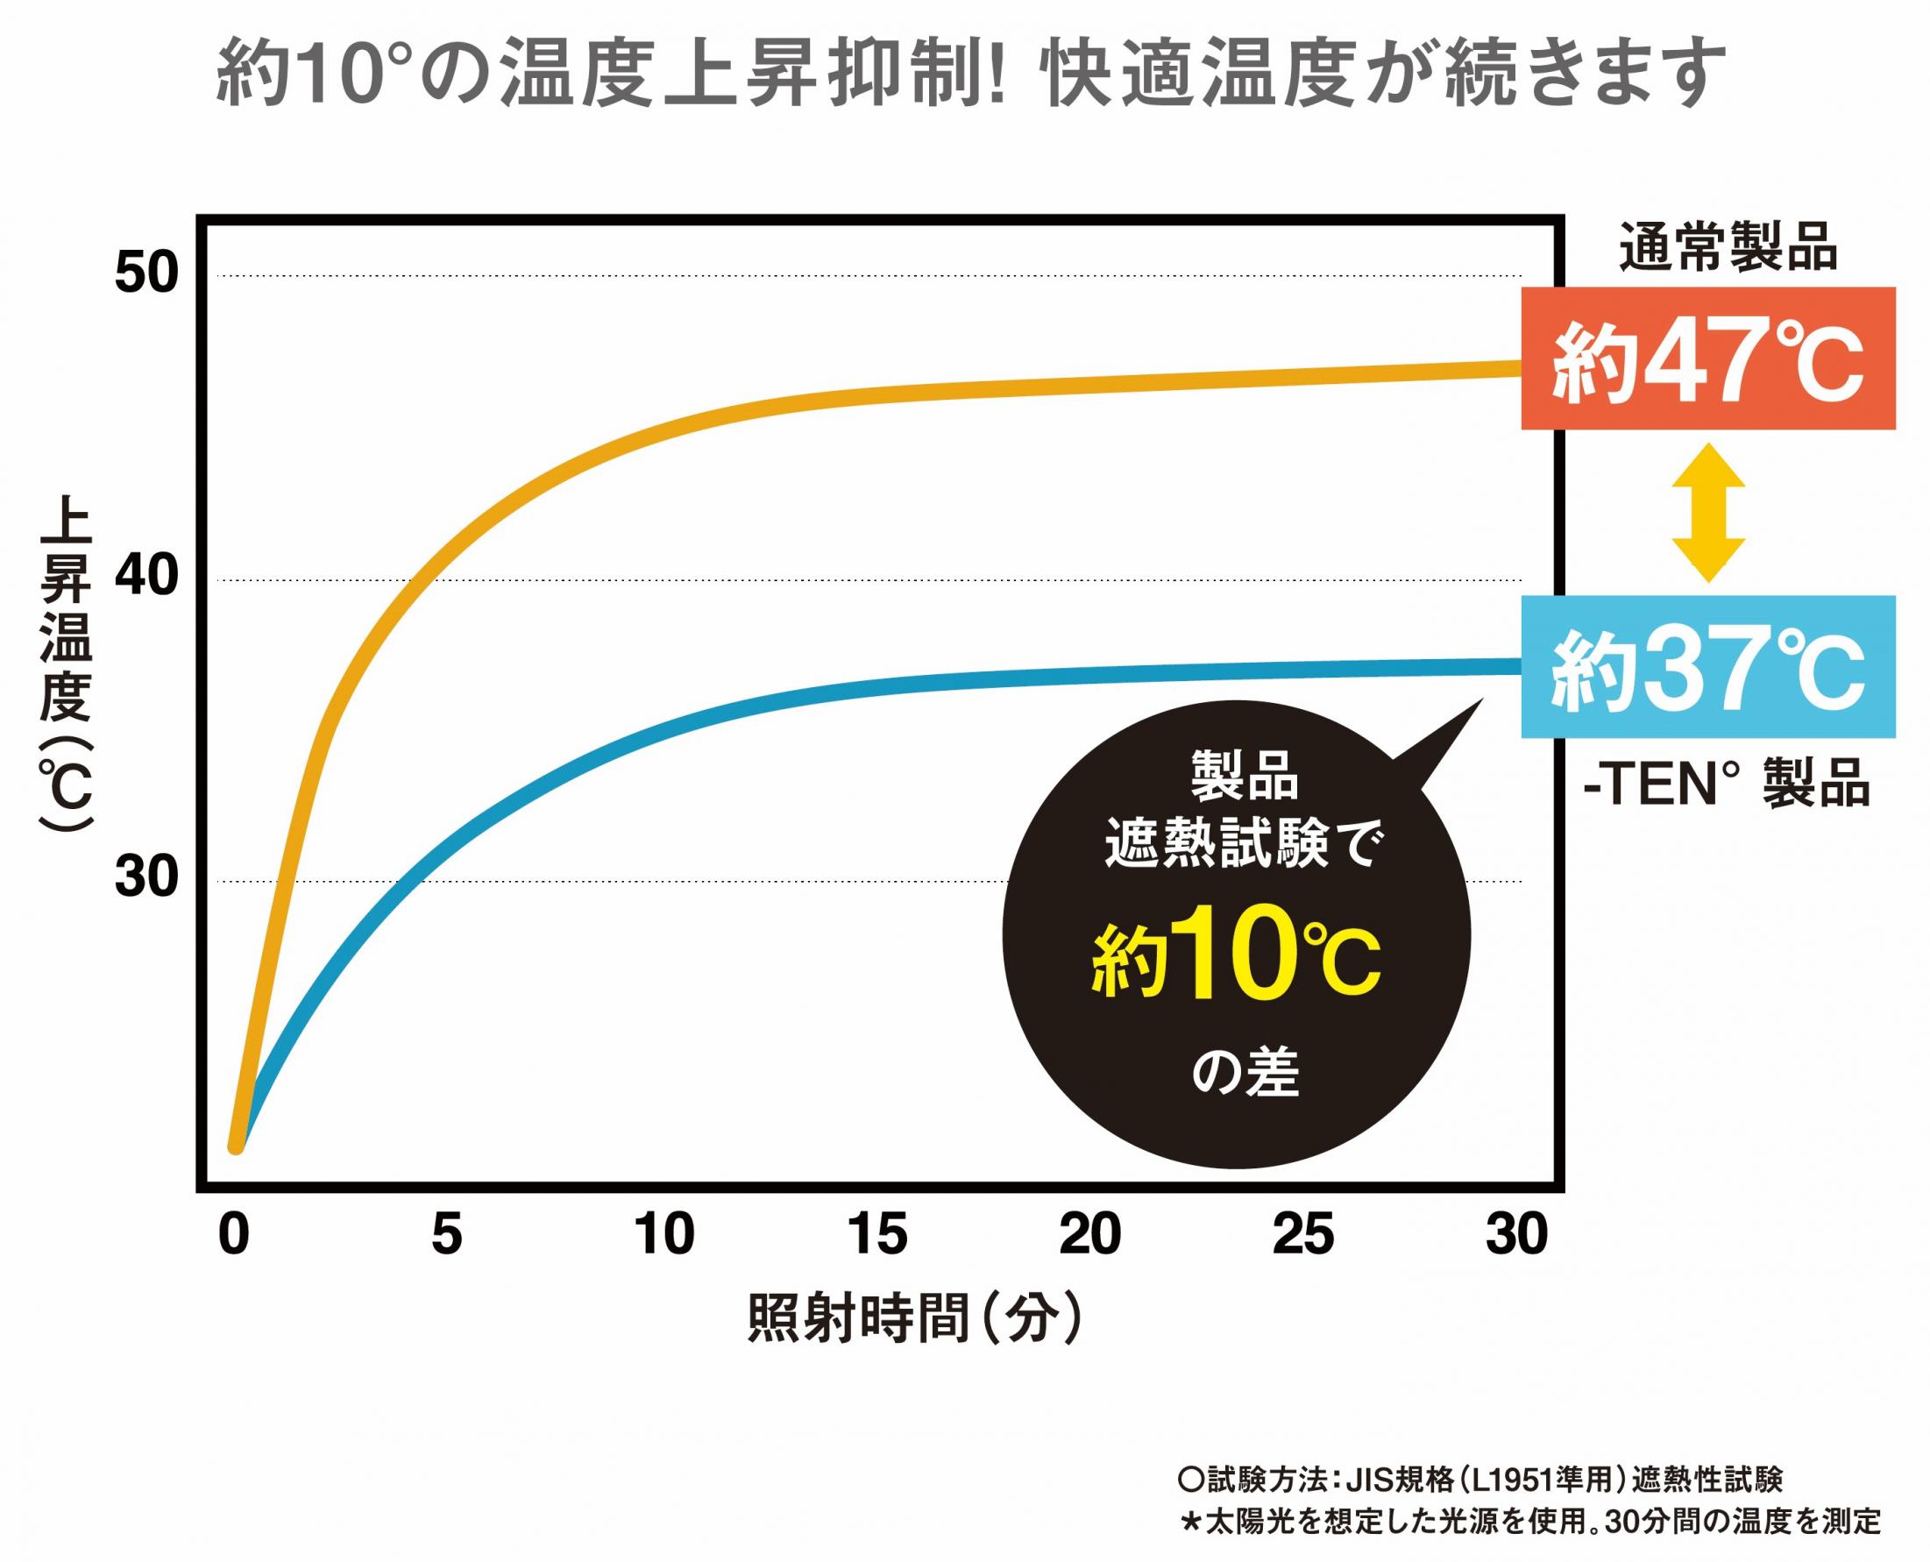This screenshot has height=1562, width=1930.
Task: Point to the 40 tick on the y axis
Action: (x=146, y=576)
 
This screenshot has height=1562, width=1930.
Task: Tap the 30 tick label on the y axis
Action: (x=146, y=877)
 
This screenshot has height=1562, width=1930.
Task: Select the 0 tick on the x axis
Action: (x=234, y=1234)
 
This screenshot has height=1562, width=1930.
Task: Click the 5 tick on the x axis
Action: (x=446, y=1234)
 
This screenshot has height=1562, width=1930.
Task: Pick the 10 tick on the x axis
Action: (x=664, y=1234)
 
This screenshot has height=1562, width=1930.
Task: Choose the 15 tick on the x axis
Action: (x=877, y=1234)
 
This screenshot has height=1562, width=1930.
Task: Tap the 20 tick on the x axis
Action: (x=1090, y=1234)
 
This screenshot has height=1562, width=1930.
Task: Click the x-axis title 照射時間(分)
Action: (x=913, y=1320)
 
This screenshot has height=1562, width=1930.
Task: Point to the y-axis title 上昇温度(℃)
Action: (x=67, y=666)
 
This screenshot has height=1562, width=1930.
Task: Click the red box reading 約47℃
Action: (x=1707, y=359)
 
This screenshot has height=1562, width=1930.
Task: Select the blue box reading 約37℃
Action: (x=1707, y=667)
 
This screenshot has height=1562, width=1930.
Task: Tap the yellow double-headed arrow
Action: (x=1707, y=512)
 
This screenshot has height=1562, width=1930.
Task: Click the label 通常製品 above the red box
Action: (x=1728, y=246)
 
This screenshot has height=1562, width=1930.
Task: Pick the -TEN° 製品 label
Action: (x=1726, y=784)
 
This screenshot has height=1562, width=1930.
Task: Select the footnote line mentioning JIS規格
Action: (x=1479, y=1480)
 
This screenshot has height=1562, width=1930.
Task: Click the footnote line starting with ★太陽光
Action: (x=1529, y=1522)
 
